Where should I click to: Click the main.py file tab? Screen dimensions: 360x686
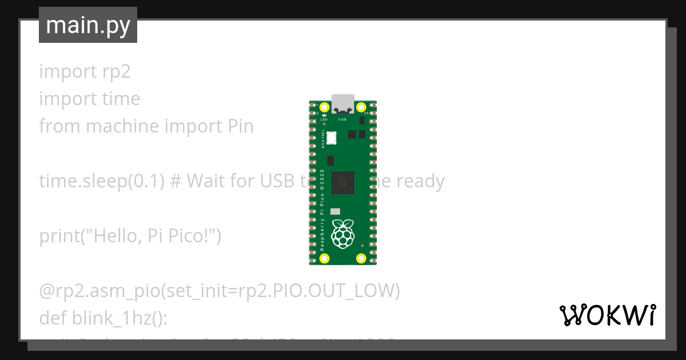pos(88,25)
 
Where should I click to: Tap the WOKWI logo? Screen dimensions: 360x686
pos(607,315)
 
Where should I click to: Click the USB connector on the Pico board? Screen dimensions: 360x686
pos(343,103)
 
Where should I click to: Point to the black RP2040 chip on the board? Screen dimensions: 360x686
pos(342,181)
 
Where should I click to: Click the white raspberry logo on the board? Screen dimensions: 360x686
pos(343,233)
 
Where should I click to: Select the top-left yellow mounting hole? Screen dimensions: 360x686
pos(325,107)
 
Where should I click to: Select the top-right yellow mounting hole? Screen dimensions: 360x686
pos(361,107)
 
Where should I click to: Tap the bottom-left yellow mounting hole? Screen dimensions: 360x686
pos(325,258)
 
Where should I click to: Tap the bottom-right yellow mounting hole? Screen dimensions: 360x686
pos(361,258)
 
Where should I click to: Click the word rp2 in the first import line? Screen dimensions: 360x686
pos(117,72)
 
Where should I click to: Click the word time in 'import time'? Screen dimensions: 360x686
pos(121,99)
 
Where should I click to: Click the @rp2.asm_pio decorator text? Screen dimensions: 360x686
pos(100,291)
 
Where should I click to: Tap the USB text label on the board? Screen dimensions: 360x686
pos(343,119)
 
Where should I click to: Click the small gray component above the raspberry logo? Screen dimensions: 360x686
pos(336,211)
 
